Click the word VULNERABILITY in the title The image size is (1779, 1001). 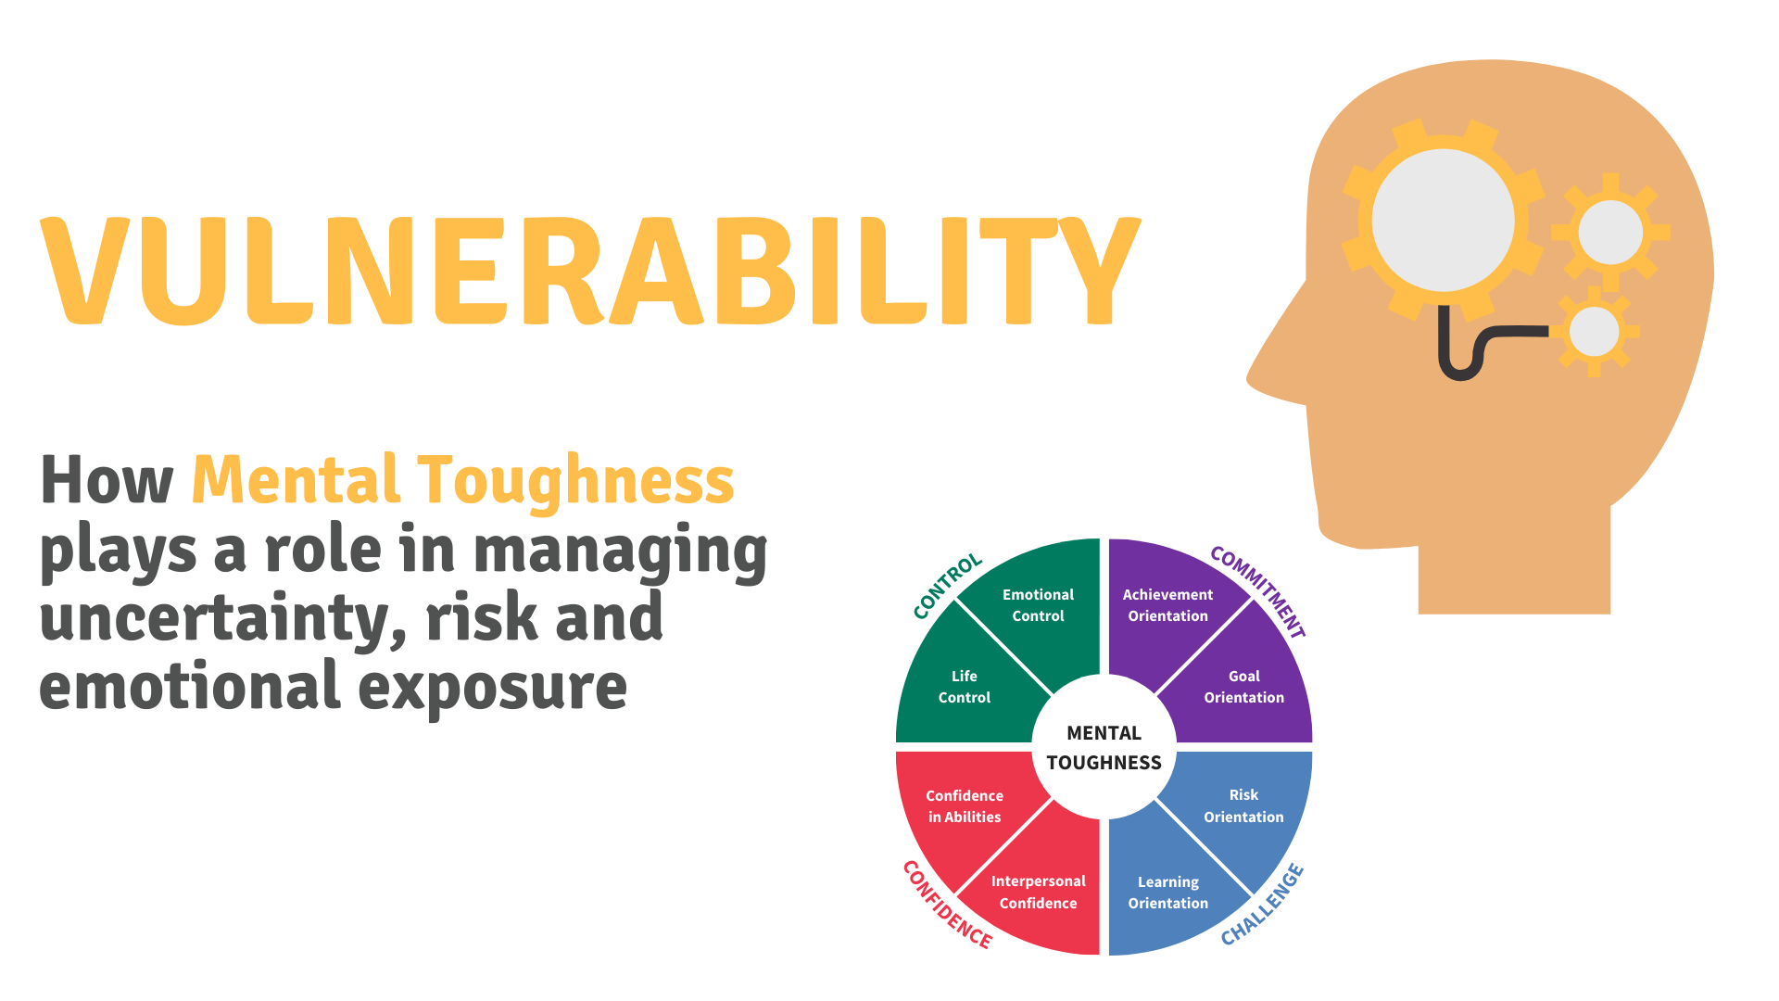[x=590, y=271]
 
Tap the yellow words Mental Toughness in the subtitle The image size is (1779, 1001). [x=462, y=480]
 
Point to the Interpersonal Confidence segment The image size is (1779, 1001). [x=1038, y=892]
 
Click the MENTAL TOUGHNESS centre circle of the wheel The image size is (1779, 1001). [x=1104, y=747]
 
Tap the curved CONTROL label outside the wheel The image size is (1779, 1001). [x=946, y=586]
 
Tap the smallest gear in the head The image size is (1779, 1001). [x=1594, y=331]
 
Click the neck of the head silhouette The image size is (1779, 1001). [x=1514, y=565]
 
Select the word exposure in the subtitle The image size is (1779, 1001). [x=492, y=688]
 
